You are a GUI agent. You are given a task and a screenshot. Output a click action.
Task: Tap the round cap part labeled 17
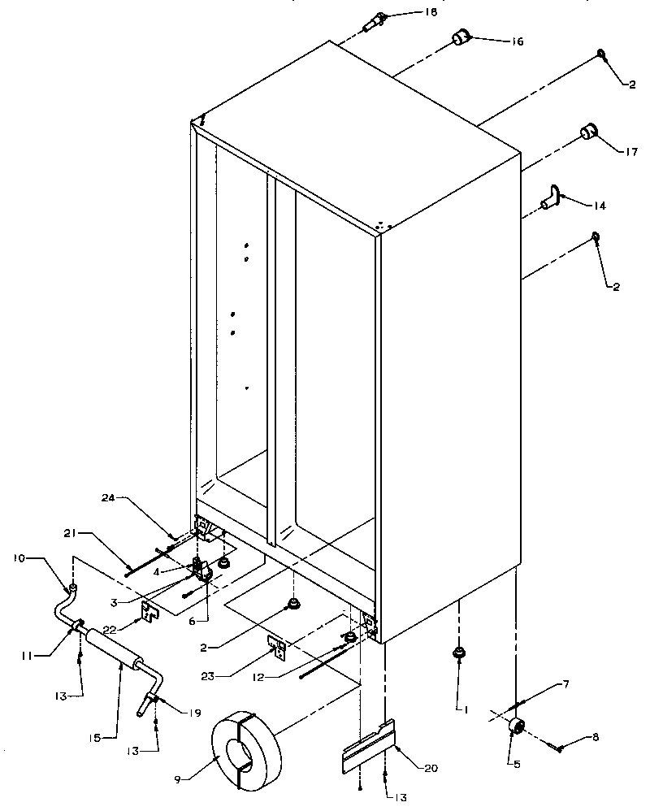[587, 132]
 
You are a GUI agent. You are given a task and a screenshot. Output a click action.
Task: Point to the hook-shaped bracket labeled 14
[553, 196]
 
